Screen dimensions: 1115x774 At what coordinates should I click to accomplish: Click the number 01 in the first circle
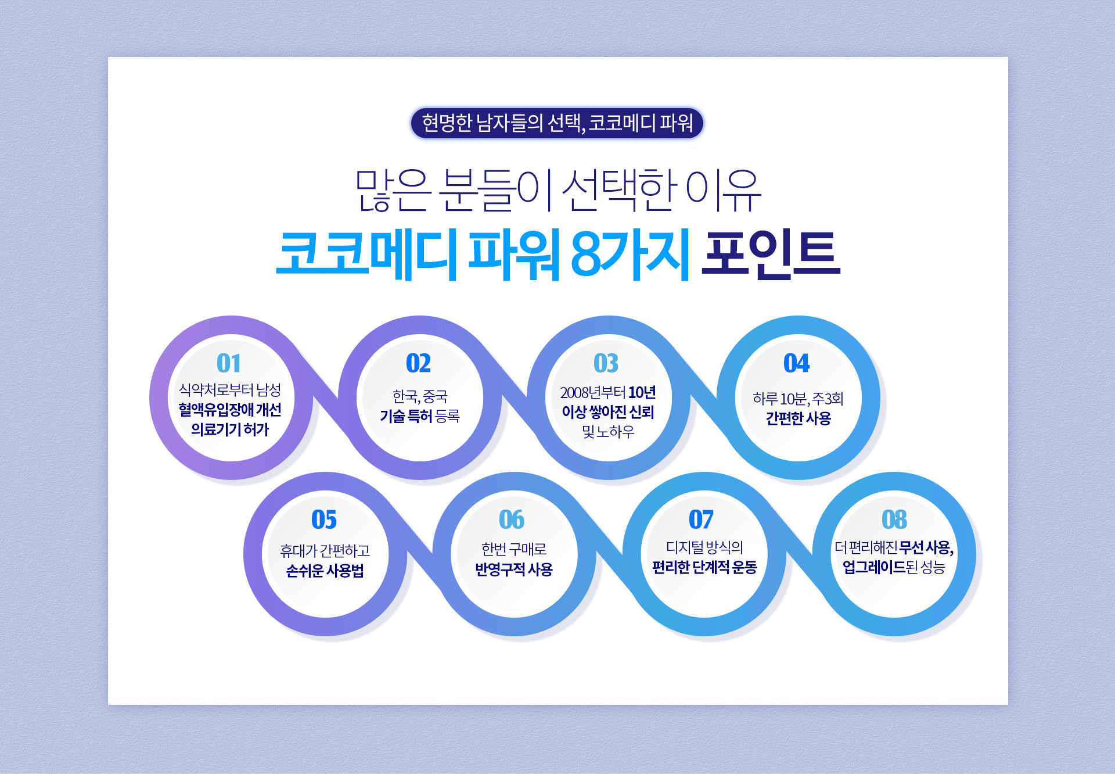(229, 363)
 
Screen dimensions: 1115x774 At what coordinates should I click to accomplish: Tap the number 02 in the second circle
(418, 363)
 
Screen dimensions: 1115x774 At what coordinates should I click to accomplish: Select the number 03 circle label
(606, 363)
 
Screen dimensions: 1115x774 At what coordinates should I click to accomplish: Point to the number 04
(796, 363)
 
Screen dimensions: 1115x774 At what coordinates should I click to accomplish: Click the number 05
(324, 519)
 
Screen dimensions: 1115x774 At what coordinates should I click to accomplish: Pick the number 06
(512, 519)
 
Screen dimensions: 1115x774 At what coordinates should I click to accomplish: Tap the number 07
(701, 519)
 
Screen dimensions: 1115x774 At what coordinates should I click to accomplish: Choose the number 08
(894, 519)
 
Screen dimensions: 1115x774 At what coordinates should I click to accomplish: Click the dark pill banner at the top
(557, 123)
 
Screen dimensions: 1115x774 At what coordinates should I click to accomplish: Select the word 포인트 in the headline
(771, 254)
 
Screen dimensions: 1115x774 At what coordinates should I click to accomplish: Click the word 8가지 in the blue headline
(630, 254)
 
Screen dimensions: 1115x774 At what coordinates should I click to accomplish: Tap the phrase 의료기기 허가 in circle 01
(230, 429)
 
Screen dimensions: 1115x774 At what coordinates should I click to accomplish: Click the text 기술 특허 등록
(420, 416)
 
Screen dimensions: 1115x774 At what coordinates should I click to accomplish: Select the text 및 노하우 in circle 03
(608, 432)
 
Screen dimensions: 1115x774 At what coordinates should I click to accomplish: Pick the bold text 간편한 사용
(799, 418)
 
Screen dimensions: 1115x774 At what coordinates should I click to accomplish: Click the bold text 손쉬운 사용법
(325, 571)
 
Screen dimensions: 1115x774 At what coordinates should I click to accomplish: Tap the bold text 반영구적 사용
(514, 569)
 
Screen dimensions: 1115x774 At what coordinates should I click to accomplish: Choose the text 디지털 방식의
(704, 547)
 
